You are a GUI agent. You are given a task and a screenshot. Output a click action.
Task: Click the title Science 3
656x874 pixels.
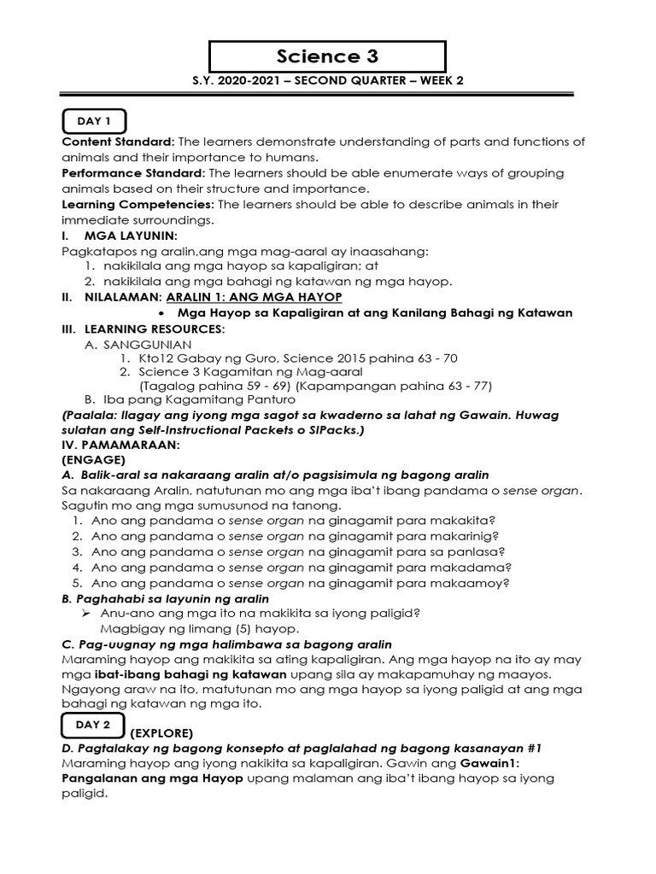click(x=327, y=56)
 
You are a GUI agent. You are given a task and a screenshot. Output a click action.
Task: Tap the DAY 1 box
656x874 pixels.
click(x=95, y=121)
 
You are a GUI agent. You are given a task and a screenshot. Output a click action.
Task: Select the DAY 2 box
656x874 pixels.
click(x=94, y=725)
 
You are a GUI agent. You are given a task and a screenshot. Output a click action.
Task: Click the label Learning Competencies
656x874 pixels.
click(x=138, y=205)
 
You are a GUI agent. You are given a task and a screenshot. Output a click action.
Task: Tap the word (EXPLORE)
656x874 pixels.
click(x=162, y=732)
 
